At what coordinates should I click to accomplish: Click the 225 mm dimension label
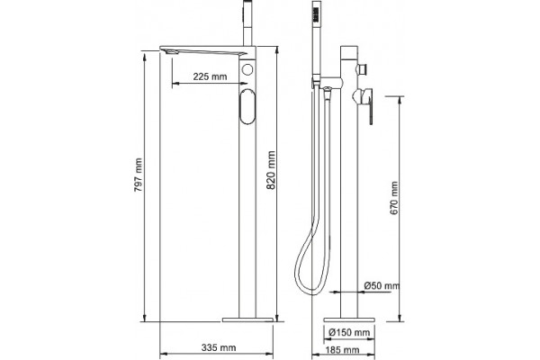[210, 76]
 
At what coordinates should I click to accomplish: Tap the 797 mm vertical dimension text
[138, 175]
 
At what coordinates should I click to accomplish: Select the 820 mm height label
[272, 170]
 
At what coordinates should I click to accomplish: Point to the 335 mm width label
[219, 347]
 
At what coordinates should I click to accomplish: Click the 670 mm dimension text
[394, 198]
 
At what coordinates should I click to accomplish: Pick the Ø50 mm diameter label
[382, 285]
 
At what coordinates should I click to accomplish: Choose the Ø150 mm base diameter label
[349, 332]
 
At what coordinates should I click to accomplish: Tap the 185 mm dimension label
[342, 350]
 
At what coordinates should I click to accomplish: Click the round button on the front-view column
[247, 69]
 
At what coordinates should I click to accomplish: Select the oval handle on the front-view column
[247, 106]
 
